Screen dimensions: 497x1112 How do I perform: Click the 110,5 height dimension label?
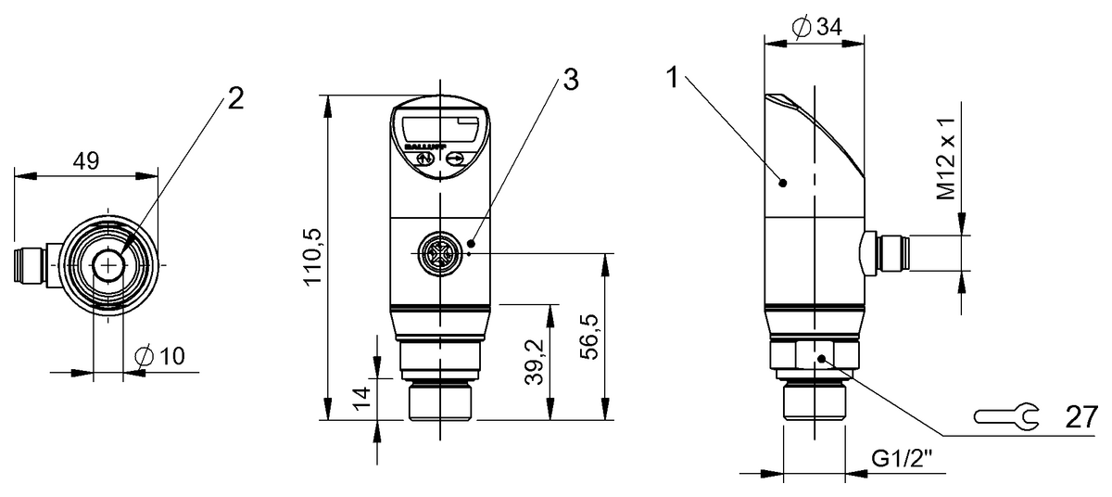tap(312, 257)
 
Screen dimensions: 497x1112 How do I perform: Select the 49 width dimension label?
tap(86, 160)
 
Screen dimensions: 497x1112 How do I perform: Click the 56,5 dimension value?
tap(588, 337)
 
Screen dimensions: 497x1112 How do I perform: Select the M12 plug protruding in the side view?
tap(889, 252)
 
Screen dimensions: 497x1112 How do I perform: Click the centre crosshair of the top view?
tap(109, 265)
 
